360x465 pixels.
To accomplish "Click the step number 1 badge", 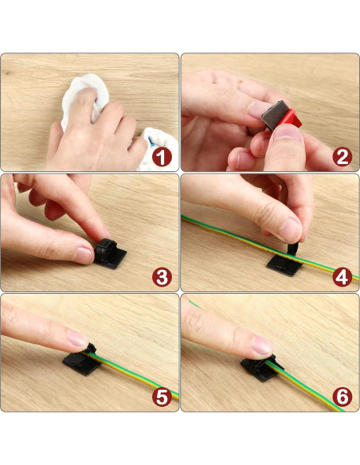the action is click(x=162, y=157).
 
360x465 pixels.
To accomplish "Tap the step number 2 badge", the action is click(x=342, y=157).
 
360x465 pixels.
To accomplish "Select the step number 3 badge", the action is click(x=162, y=277).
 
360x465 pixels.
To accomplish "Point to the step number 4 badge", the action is click(x=342, y=278).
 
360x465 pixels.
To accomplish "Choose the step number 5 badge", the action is click(x=162, y=397).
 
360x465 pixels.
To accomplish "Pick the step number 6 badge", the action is click(x=342, y=397).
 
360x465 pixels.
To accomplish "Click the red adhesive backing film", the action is click(x=291, y=118).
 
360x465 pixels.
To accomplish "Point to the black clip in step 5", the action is click(x=83, y=360).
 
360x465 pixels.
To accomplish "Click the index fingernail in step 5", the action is click(x=77, y=338).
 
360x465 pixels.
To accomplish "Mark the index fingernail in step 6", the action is click(x=263, y=346).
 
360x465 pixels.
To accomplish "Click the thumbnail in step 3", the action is click(x=84, y=255).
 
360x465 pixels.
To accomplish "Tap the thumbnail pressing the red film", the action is click(x=287, y=132).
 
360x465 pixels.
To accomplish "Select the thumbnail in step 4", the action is click(x=290, y=229).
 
